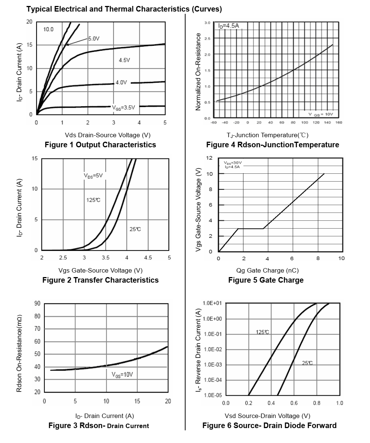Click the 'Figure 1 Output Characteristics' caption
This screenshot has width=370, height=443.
pos(100,145)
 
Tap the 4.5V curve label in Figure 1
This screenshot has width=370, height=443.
pos(124,60)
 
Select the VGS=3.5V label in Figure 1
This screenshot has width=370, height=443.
pos(124,107)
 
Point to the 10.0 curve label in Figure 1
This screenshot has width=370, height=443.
pos(49,29)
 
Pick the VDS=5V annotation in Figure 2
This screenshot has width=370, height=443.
pos(93,175)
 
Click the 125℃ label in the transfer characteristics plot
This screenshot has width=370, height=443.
pos(93,200)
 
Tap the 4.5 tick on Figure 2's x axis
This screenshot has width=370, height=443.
pos(148,258)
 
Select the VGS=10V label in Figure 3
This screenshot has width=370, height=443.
pos(122,375)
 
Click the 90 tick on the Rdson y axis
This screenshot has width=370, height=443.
pos(37,304)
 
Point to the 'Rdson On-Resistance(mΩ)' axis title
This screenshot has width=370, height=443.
pos(19,352)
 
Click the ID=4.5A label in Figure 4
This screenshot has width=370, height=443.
pos(228,26)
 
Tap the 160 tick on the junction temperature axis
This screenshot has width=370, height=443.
pos(339,122)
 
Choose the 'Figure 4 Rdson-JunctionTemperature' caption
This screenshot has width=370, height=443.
pos(273,145)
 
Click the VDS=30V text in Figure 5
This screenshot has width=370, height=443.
pos(233,163)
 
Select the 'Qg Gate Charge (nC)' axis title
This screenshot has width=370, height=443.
pos(267,270)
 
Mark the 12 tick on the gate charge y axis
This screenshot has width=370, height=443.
pos(209,158)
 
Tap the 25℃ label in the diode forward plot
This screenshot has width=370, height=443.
pos(307,363)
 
